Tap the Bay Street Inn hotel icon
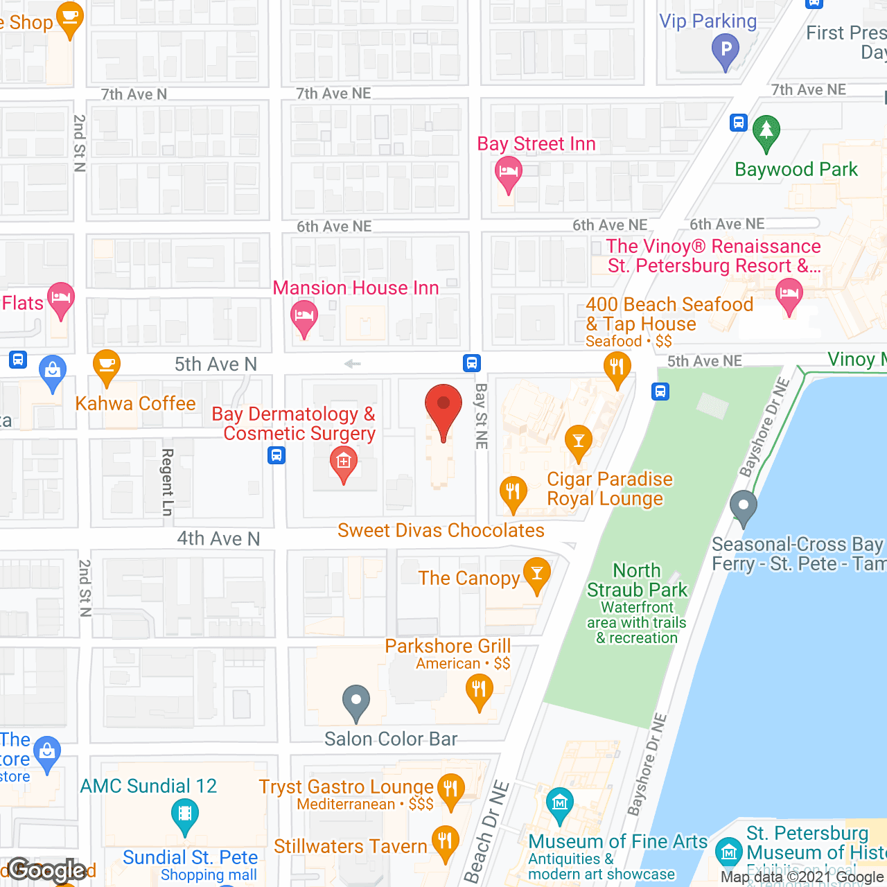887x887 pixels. click(508, 173)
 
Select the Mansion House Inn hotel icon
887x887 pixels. click(304, 317)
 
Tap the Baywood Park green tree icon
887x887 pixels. click(766, 132)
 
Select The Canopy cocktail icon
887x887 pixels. click(536, 574)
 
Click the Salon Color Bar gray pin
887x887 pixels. click(355, 701)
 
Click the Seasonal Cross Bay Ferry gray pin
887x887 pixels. click(744, 507)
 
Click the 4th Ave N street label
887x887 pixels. click(218, 538)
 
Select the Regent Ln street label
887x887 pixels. click(167, 482)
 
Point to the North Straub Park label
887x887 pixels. click(637, 581)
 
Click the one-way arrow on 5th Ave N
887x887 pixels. click(353, 364)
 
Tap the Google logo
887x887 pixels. click(47, 870)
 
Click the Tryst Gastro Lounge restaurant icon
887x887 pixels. click(450, 790)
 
